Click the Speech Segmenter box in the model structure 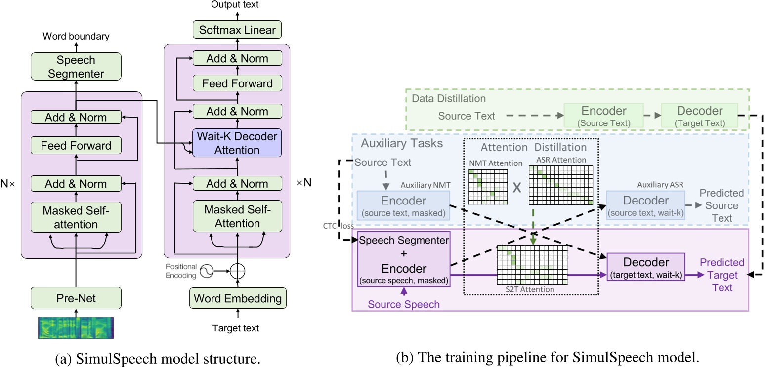point(76,67)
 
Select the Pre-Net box point(76,298)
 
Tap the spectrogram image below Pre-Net point(76,328)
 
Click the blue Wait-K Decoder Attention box point(237,143)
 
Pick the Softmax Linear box point(237,30)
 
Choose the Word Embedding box point(237,298)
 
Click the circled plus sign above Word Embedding point(238,271)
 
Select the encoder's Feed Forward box point(76,146)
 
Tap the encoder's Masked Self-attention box point(76,217)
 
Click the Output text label point(235,5)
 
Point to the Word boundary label point(76,36)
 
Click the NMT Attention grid point(488,187)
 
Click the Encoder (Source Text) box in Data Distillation point(604,116)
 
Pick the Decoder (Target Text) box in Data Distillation point(699,116)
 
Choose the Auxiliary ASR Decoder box point(645,205)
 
